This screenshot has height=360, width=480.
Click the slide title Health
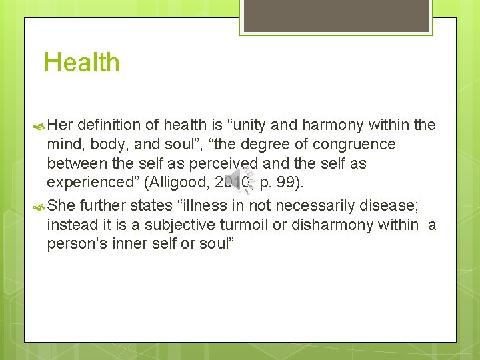click(81, 63)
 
